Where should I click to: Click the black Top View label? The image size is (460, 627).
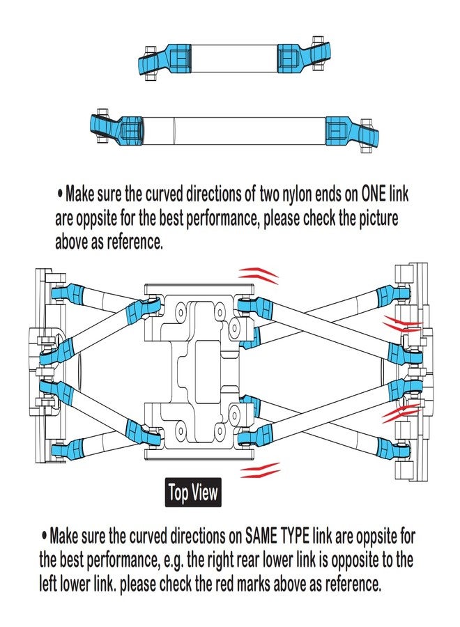pos(193,493)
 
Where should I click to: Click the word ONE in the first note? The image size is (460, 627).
pos(374,194)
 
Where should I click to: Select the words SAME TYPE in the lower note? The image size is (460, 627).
pos(277,536)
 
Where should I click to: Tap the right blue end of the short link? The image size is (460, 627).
pos(304,57)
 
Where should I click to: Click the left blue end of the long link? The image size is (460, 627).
pos(117,130)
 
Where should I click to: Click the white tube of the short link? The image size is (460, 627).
pos(234,59)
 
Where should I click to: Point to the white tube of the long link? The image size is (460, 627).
pos(234,131)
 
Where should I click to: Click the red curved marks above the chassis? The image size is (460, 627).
pos(259,275)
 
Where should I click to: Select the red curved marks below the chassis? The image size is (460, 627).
pos(260,470)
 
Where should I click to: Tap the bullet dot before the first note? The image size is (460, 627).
pos(60,194)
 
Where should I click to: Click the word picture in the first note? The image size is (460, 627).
pos(378,218)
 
